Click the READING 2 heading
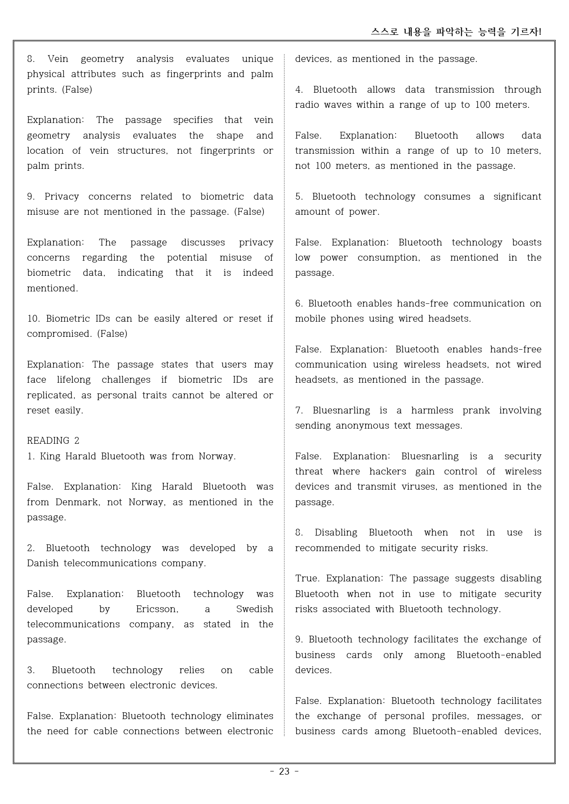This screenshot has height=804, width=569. point(53,441)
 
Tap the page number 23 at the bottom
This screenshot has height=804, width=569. point(284,771)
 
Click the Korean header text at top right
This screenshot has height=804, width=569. point(456,32)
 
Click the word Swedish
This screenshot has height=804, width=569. point(254,609)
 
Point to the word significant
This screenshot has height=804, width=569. point(517,196)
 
